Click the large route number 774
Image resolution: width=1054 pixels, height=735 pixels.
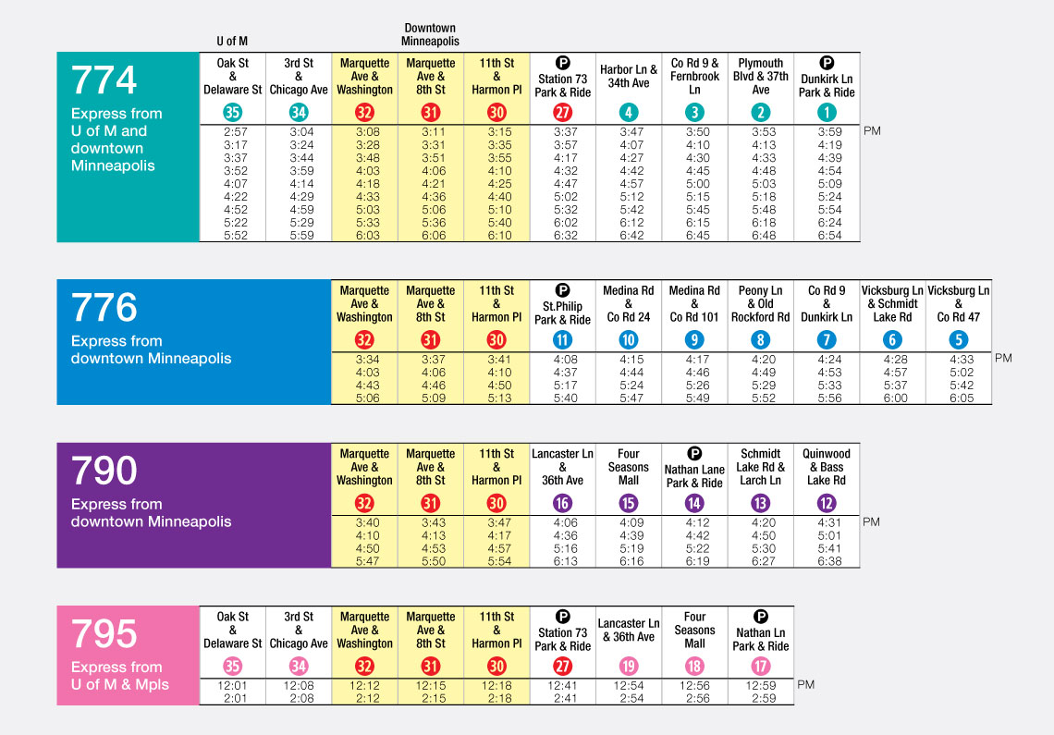pos(104,81)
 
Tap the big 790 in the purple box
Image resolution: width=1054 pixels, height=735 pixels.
pos(104,472)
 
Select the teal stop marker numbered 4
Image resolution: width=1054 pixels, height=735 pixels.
pos(629,113)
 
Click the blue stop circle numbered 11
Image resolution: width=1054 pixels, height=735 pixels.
pos(562,340)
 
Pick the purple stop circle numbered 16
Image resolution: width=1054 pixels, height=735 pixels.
pos(562,504)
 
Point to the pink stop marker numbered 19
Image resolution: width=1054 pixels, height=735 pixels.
pos(629,667)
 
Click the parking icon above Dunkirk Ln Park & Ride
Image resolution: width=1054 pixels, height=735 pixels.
pos(827,63)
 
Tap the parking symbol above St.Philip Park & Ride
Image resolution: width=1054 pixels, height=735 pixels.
pos(562,290)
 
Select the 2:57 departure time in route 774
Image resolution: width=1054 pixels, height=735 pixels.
pos(233,132)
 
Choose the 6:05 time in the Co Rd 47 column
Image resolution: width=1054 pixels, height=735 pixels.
pos(958,398)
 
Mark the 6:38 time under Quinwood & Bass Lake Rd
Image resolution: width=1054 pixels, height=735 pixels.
pos(827,561)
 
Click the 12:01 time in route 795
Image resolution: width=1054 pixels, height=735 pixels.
pos(233,685)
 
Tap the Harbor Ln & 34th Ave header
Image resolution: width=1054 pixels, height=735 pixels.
pos(629,77)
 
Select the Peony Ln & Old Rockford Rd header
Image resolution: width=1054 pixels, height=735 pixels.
pos(760,303)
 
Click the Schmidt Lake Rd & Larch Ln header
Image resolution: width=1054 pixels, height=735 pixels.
pos(760,467)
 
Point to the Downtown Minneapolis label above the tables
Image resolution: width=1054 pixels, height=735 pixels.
pos(430,35)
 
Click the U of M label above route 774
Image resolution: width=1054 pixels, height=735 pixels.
pos(232,42)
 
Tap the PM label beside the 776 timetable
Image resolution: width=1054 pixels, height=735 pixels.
pos(1003,358)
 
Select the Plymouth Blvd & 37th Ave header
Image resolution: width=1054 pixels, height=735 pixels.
pos(760,77)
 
